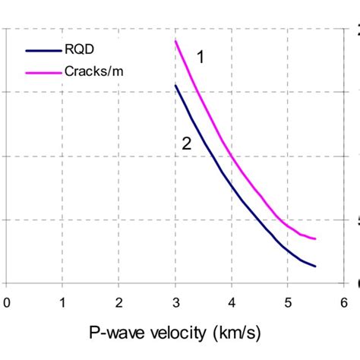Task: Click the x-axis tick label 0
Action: click(x=7, y=301)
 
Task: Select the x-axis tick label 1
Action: click(x=63, y=301)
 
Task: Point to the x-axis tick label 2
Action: click(x=119, y=301)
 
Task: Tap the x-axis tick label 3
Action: click(x=175, y=301)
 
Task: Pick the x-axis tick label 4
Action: click(x=232, y=301)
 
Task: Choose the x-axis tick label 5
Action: click(x=288, y=301)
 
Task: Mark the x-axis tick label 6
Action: click(x=344, y=301)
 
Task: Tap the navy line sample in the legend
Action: click(x=39, y=52)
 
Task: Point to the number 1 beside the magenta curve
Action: click(x=201, y=56)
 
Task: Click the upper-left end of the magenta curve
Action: click(x=175, y=41)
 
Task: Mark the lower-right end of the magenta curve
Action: click(x=315, y=238)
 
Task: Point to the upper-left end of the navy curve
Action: click(x=175, y=85)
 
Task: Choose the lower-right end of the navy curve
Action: click(x=315, y=267)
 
